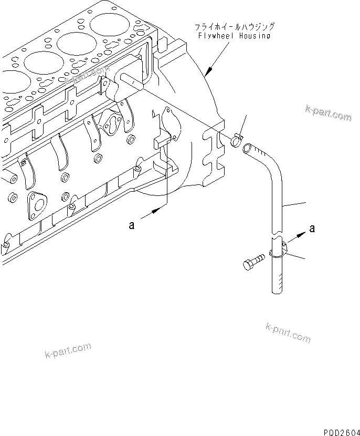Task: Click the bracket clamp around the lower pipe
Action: tap(279, 248)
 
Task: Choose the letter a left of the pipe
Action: tap(132, 225)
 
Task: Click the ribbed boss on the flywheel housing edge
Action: tap(213, 158)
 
